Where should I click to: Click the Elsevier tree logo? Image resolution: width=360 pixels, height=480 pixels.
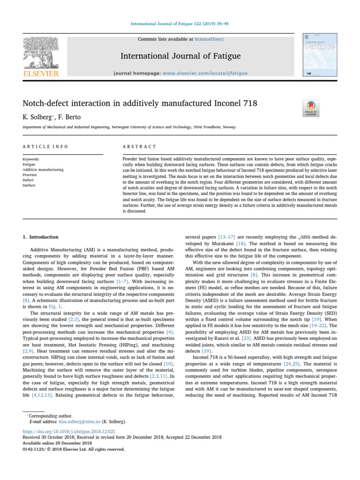[40, 56]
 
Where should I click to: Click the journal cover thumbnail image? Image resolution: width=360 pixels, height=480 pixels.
[320, 55]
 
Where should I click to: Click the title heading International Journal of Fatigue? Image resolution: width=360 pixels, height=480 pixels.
[180, 57]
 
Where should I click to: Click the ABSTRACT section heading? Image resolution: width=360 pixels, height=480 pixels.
[139, 146]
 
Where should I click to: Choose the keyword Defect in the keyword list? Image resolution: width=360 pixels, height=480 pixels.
[28, 180]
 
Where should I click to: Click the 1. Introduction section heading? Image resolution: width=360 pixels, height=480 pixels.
[40, 237]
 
